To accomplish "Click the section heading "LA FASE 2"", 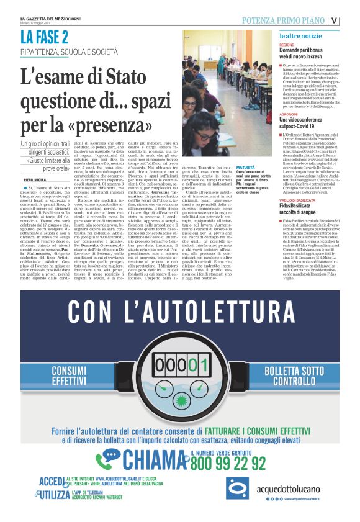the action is click(x=43, y=38).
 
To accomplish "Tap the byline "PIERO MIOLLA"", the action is click(x=37, y=179).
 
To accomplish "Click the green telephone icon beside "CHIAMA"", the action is click(x=107, y=459).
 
